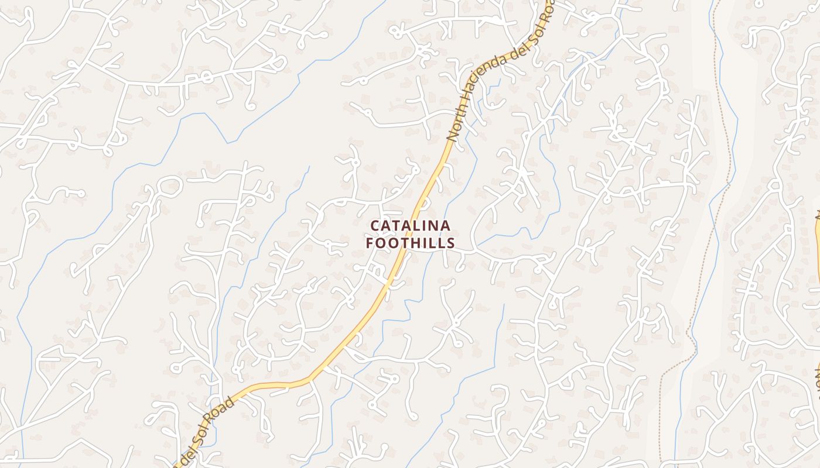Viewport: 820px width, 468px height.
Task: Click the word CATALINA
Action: point(410,226)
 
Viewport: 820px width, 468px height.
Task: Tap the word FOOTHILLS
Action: point(410,243)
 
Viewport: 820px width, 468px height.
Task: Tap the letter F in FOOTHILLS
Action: point(370,243)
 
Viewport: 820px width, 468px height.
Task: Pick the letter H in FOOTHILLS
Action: point(416,243)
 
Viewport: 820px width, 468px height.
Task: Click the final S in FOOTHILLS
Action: point(451,243)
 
